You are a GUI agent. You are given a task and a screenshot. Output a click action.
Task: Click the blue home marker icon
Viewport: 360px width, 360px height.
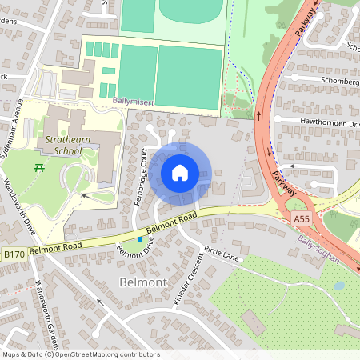[x=180, y=172]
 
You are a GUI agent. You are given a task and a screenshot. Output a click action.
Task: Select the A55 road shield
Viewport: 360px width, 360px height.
[x=302, y=218]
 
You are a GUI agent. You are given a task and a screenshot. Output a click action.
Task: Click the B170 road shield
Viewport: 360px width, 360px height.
[x=13, y=254]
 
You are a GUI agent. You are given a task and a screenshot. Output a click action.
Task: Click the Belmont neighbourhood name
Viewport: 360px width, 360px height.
[x=142, y=282]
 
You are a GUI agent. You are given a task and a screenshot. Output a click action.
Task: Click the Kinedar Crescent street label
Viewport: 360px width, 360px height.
[x=188, y=279]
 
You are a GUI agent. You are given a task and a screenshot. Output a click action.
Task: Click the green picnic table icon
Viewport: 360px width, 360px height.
[x=38, y=167]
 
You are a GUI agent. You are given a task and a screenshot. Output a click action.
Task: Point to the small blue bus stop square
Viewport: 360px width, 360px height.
[x=140, y=238]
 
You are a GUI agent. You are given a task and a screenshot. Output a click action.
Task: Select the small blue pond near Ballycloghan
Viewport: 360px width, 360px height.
[x=339, y=285]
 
